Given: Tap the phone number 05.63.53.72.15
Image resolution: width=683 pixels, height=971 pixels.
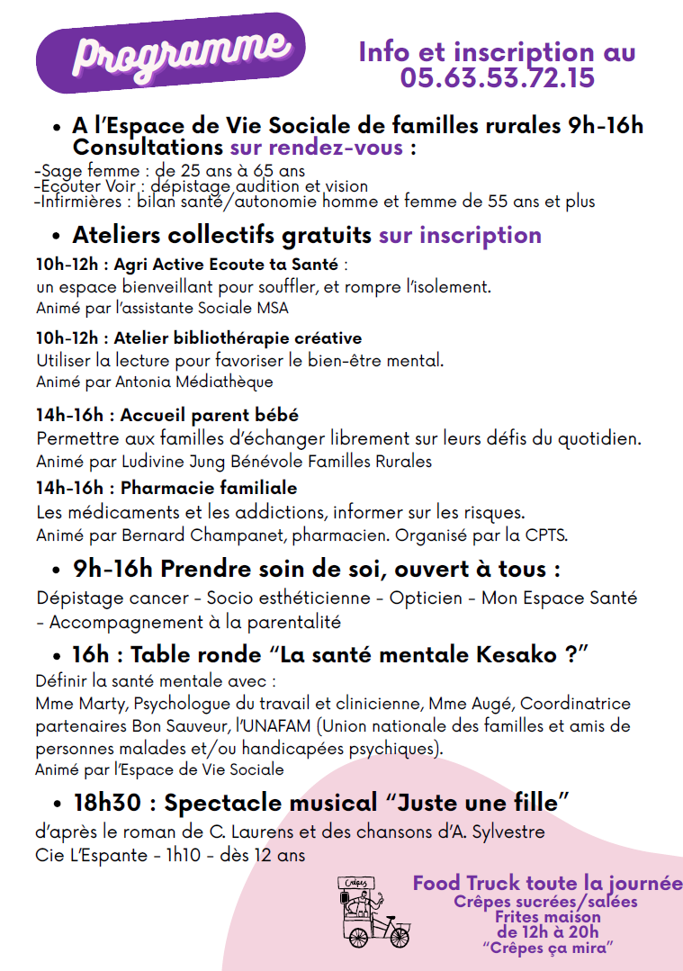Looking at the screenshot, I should tap(497, 77).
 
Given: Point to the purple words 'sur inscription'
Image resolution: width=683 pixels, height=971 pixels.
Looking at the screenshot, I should tap(460, 235).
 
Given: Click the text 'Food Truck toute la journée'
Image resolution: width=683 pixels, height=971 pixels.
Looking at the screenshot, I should tap(546, 883).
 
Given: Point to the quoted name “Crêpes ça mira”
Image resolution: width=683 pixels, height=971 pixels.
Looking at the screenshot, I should tap(546, 947).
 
